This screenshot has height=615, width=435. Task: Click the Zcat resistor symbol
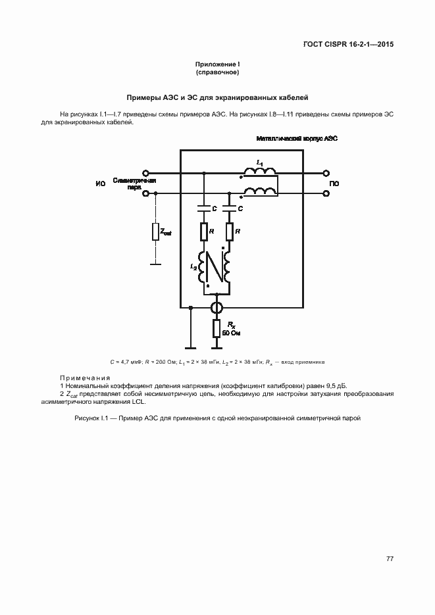click(155, 232)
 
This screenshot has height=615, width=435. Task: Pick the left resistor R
click(203, 232)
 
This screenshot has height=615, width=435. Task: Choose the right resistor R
click(229, 232)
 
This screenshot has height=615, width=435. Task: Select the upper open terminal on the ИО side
click(145, 174)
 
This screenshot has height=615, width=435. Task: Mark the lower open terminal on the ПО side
click(325, 193)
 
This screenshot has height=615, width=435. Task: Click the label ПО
click(334, 184)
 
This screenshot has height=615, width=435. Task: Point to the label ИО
click(100, 184)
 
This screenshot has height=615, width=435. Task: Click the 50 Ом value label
click(232, 333)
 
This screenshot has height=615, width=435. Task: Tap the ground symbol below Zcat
click(155, 264)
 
